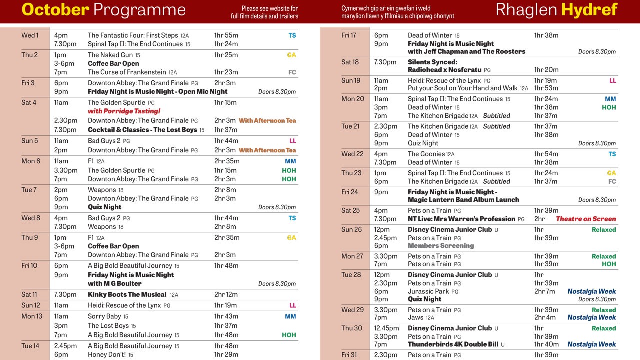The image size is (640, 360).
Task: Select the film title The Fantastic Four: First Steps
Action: coord(133,35)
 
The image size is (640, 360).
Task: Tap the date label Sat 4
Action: coord(29,103)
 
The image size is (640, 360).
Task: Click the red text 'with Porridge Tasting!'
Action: coord(124,111)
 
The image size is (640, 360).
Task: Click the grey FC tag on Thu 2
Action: coord(292,72)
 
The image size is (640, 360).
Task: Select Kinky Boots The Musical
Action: coord(127,295)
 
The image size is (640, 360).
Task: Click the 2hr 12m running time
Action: coord(226,295)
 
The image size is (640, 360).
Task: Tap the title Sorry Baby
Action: coord(104,316)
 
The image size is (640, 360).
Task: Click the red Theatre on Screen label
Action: coord(586,219)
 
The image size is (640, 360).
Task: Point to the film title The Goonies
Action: coord(426,154)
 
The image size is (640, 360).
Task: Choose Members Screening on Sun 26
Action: coord(440,246)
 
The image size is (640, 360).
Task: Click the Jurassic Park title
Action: coord(428,291)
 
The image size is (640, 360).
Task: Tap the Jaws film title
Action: coord(416,317)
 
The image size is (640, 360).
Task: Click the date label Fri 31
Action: coord(349,355)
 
